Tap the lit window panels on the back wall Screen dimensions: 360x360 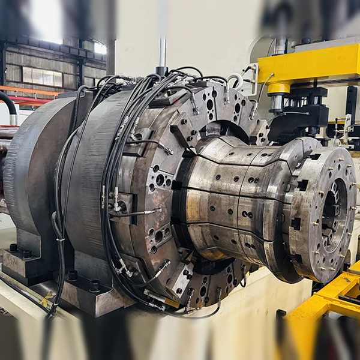42,76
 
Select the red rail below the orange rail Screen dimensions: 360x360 27,100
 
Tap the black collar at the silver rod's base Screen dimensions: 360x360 162,71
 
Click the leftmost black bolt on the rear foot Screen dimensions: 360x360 13,247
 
